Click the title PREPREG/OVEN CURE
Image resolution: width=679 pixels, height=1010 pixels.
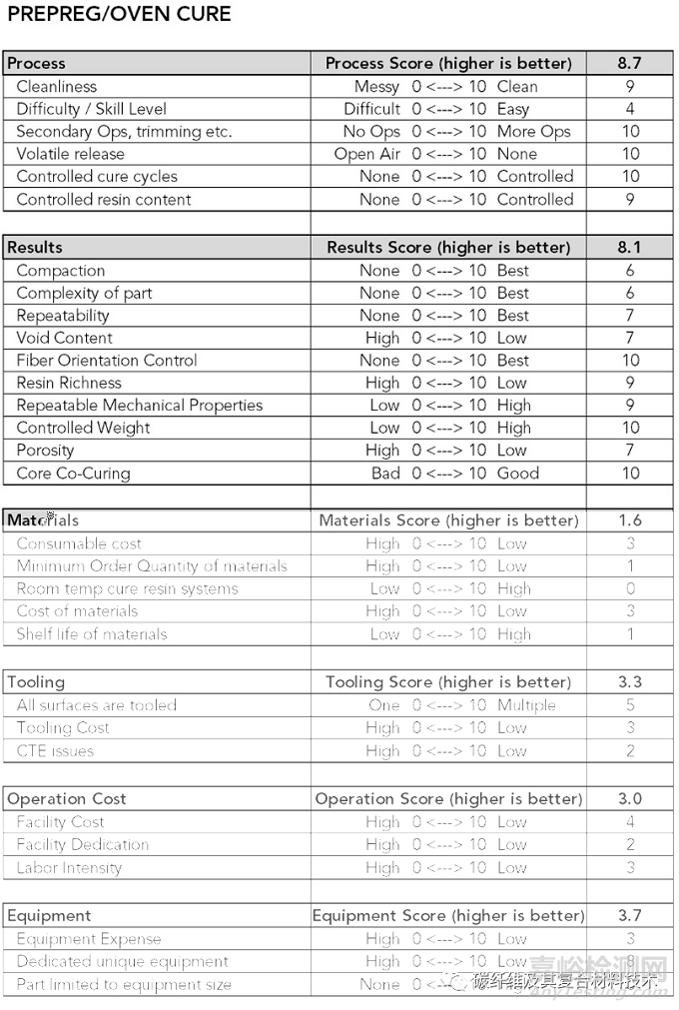119,14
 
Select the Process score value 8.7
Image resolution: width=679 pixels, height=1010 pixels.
629,63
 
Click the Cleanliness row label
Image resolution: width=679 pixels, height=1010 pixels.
57,86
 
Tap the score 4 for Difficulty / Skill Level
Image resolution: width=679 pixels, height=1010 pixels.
630,109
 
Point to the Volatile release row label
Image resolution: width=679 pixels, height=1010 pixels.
70,154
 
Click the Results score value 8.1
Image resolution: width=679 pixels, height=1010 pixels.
629,247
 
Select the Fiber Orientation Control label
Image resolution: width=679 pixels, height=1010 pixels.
107,361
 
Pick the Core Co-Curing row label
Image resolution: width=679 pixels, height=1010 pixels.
73,474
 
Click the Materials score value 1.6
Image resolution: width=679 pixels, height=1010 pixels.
629,520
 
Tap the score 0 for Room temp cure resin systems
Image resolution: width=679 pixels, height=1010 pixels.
630,588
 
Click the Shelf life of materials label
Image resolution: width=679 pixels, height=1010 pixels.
92,633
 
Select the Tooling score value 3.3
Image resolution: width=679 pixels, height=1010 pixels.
629,682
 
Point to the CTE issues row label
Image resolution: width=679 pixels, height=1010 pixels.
55,751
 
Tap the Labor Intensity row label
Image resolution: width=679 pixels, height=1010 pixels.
69,867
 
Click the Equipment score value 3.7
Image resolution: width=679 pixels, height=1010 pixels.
629,916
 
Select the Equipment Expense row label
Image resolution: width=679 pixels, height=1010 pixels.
88,939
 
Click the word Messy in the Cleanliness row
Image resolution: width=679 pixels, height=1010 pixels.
376,86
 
